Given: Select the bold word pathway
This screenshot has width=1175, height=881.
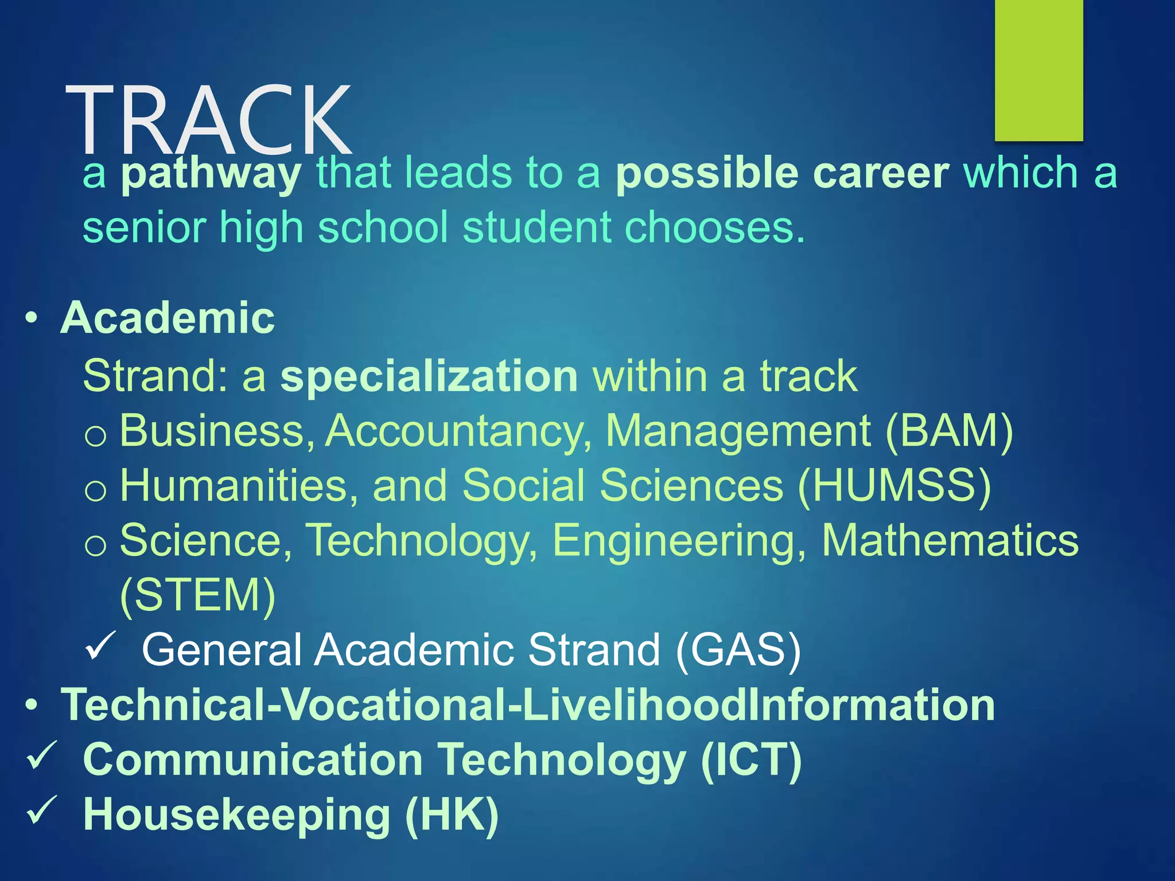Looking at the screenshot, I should [x=211, y=173].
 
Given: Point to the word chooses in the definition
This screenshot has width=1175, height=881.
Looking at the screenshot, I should [x=714, y=228].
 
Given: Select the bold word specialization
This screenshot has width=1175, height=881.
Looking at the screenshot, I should [x=429, y=376].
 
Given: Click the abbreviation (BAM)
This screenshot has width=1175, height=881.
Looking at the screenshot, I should [x=950, y=431].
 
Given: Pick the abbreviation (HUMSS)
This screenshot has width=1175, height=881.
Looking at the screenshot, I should [x=894, y=486].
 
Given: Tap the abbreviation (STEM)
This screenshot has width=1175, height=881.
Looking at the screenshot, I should [x=198, y=595].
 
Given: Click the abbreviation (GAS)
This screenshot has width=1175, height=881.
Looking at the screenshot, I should [x=738, y=650].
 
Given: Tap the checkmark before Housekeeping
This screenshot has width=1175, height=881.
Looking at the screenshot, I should [x=41, y=811].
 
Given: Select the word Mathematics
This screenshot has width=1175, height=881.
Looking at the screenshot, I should [x=950, y=540].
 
